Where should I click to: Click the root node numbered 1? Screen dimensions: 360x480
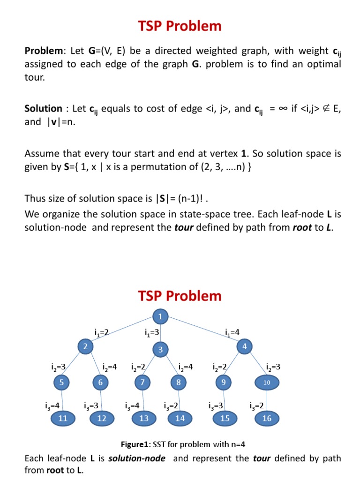click(160, 317)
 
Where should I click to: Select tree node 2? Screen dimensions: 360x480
click(85, 347)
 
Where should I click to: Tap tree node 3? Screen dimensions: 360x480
click(160, 350)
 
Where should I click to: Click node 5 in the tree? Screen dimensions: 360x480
click(61, 382)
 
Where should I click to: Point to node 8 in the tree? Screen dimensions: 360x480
click(179, 382)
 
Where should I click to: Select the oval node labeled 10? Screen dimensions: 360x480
click(267, 382)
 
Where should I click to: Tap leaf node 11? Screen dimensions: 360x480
click(63, 419)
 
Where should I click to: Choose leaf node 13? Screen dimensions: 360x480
click(144, 419)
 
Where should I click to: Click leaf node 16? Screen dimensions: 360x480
click(267, 419)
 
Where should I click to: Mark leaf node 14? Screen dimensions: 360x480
click(180, 419)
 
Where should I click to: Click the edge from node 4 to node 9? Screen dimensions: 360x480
click(234, 365)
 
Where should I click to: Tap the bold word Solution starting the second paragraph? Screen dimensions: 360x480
click(43, 109)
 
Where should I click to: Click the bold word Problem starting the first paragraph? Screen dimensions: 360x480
click(43, 51)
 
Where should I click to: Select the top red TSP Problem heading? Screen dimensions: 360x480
click(180, 27)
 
